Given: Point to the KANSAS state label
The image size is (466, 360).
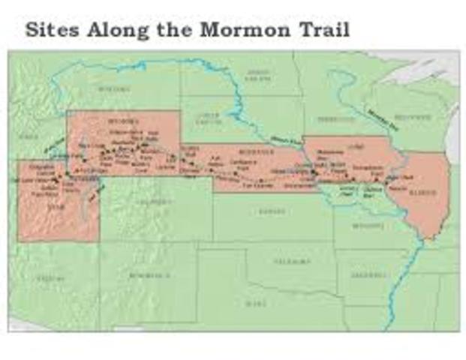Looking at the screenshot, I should click(268, 212).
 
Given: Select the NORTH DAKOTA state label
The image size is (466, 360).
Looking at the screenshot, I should click(257, 73).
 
